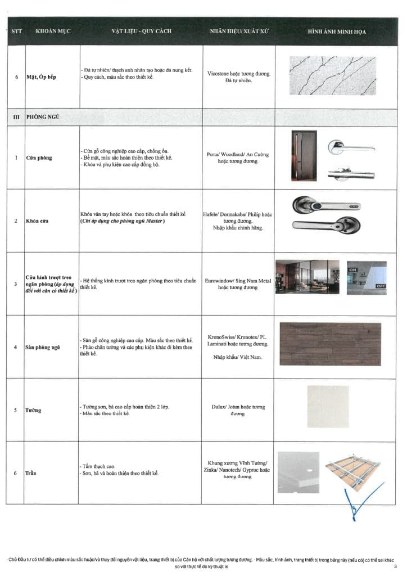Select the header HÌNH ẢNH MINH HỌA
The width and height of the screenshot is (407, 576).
[x=336, y=31]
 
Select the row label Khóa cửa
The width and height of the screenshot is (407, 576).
[x=38, y=220]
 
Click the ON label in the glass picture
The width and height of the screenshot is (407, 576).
[x=354, y=270]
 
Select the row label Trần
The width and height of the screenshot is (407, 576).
[x=31, y=473]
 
